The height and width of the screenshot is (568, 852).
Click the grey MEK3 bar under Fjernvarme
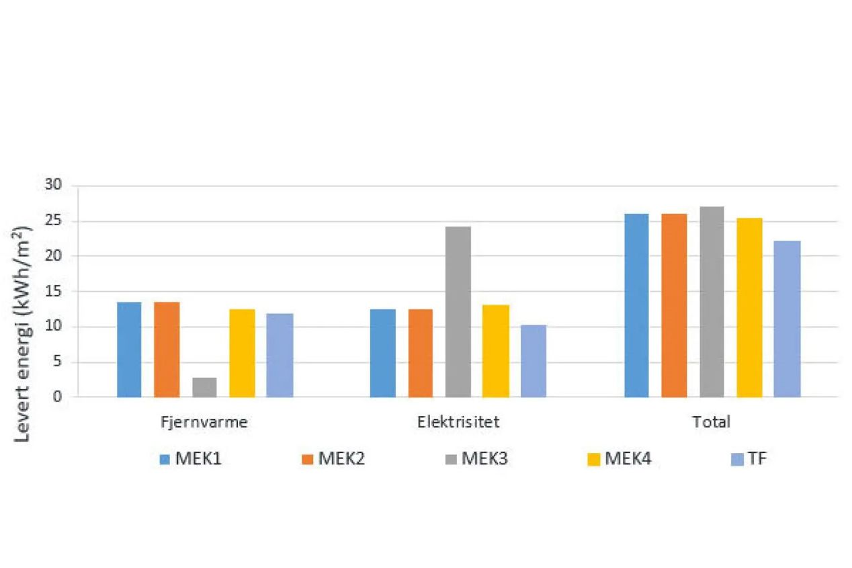tap(204, 387)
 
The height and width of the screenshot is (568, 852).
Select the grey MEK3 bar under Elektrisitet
tap(458, 312)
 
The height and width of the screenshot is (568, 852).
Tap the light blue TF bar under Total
tap(787, 319)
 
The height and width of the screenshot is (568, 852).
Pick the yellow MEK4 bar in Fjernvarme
tap(242, 353)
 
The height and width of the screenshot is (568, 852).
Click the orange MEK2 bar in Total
tap(674, 305)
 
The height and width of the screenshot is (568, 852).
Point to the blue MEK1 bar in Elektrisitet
tap(382, 353)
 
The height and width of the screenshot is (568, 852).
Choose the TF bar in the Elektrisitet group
tap(534, 361)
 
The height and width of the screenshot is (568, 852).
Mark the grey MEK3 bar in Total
tap(712, 302)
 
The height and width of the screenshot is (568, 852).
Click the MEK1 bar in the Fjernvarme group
tap(129, 350)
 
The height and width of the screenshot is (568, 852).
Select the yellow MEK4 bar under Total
tap(749, 307)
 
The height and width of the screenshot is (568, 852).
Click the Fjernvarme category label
tap(204, 423)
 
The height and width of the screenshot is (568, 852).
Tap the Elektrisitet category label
tap(458, 423)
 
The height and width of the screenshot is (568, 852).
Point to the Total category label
tap(712, 423)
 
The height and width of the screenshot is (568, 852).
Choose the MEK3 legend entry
tap(476, 460)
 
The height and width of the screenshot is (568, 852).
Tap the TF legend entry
tap(748, 460)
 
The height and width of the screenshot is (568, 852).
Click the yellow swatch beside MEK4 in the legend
tap(593, 460)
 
